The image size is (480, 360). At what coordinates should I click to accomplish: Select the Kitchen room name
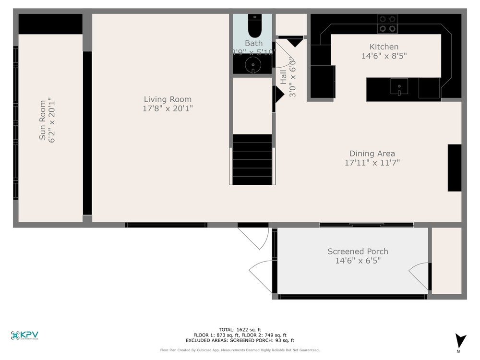tap(384, 47)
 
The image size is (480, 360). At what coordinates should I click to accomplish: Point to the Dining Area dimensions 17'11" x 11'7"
tap(372, 163)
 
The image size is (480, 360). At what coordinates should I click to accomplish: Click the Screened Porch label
tap(358, 251)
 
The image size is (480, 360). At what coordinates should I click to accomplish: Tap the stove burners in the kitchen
tap(387, 24)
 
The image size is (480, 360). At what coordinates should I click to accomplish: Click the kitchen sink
tap(399, 87)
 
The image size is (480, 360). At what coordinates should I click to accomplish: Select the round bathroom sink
tap(252, 64)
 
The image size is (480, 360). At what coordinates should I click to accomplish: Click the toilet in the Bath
tap(253, 26)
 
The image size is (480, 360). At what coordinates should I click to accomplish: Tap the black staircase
tap(252, 160)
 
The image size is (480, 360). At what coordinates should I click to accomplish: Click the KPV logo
tap(24, 336)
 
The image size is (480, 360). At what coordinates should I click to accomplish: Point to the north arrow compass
tap(461, 341)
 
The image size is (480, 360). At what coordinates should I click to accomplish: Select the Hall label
tap(283, 77)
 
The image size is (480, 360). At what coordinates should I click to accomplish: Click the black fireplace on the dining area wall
tap(454, 168)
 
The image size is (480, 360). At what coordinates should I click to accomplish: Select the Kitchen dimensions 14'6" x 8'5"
tap(384, 56)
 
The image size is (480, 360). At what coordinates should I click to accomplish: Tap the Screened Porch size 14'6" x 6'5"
tap(358, 261)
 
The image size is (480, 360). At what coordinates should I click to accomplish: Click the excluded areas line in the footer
tap(240, 340)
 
